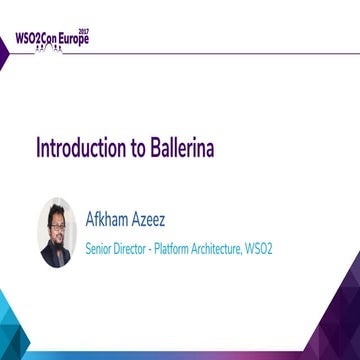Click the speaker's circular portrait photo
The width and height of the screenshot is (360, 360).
click(x=55, y=232)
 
